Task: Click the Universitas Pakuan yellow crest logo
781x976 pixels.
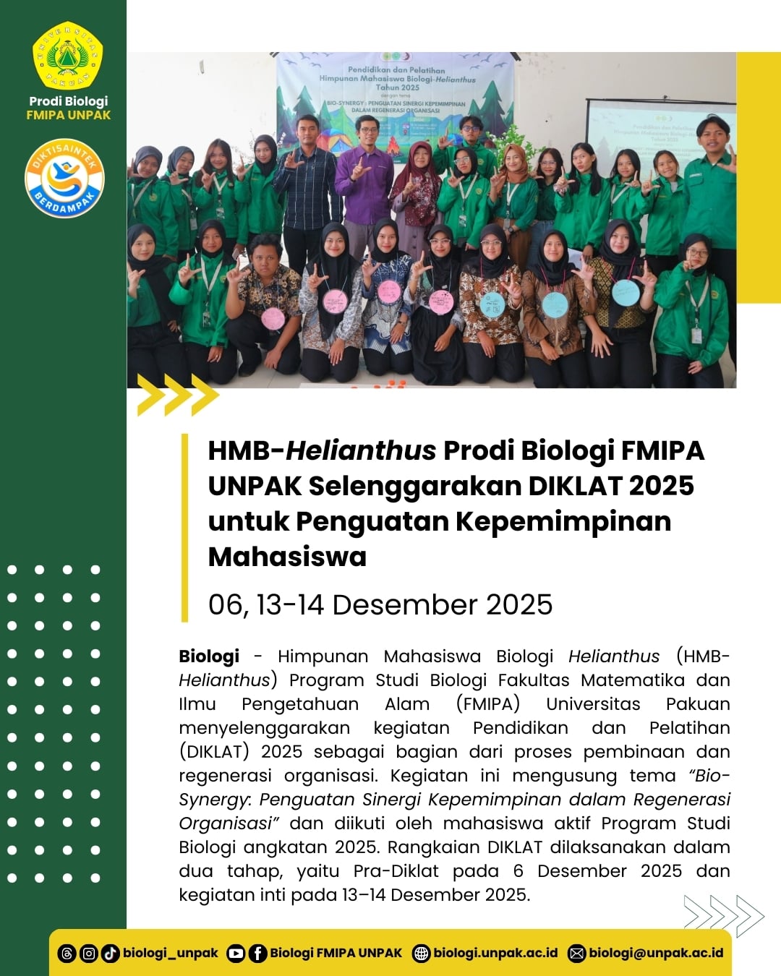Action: click(68, 56)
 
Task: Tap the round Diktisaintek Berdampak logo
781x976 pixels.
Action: click(64, 178)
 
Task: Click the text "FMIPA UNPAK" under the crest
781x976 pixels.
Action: click(69, 115)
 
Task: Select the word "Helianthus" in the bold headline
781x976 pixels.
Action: click(361, 450)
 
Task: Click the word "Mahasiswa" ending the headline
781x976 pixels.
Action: click(287, 557)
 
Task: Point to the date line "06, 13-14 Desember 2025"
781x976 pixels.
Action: click(380, 604)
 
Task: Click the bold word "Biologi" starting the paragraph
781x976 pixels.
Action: click(209, 656)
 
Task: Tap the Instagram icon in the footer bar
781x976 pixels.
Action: click(88, 954)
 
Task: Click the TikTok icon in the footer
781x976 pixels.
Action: click(110, 954)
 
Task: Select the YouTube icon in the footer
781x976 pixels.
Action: click(236, 954)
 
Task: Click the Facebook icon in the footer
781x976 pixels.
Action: click(257, 954)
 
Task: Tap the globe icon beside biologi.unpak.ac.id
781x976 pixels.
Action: click(421, 954)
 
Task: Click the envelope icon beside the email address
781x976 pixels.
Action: click(576, 954)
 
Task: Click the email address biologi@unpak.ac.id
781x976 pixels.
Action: click(656, 953)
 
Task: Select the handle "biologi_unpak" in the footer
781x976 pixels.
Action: click(171, 953)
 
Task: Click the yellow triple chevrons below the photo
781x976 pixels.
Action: click(178, 395)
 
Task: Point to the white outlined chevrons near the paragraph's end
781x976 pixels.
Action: click(724, 916)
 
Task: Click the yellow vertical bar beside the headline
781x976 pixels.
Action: click(184, 528)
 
